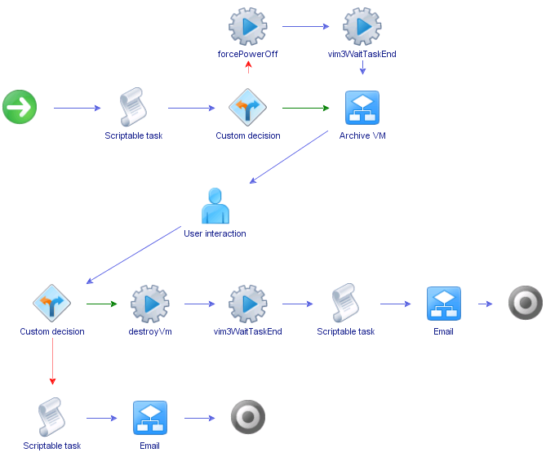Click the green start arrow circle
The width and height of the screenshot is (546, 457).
pos(20,108)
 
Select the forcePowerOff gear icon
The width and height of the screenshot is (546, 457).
pos(247,27)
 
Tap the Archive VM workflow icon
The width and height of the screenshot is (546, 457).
pos(362,108)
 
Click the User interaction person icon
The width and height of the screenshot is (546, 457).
pos(215,206)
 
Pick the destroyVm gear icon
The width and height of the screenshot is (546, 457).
pos(149,304)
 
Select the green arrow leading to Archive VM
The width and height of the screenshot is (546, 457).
pos(305,108)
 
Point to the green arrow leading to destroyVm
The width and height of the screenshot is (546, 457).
pos(107,304)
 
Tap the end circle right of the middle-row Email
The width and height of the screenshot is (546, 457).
pos(525,304)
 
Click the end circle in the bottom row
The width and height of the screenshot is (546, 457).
pos(248,418)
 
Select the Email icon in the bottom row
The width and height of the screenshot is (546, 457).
pos(149,418)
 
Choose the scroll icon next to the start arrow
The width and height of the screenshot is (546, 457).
pos(133,108)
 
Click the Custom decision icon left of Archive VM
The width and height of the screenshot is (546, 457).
pos(247,108)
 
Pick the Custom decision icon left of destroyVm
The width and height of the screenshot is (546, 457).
pos(51,304)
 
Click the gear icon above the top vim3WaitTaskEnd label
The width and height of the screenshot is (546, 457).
pos(362,27)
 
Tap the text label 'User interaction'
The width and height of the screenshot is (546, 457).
pos(215,233)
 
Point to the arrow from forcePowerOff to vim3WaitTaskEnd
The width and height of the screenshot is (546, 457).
pos(305,27)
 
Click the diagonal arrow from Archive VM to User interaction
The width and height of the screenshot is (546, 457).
pos(290,156)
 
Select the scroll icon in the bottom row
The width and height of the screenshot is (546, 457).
pos(51,418)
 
